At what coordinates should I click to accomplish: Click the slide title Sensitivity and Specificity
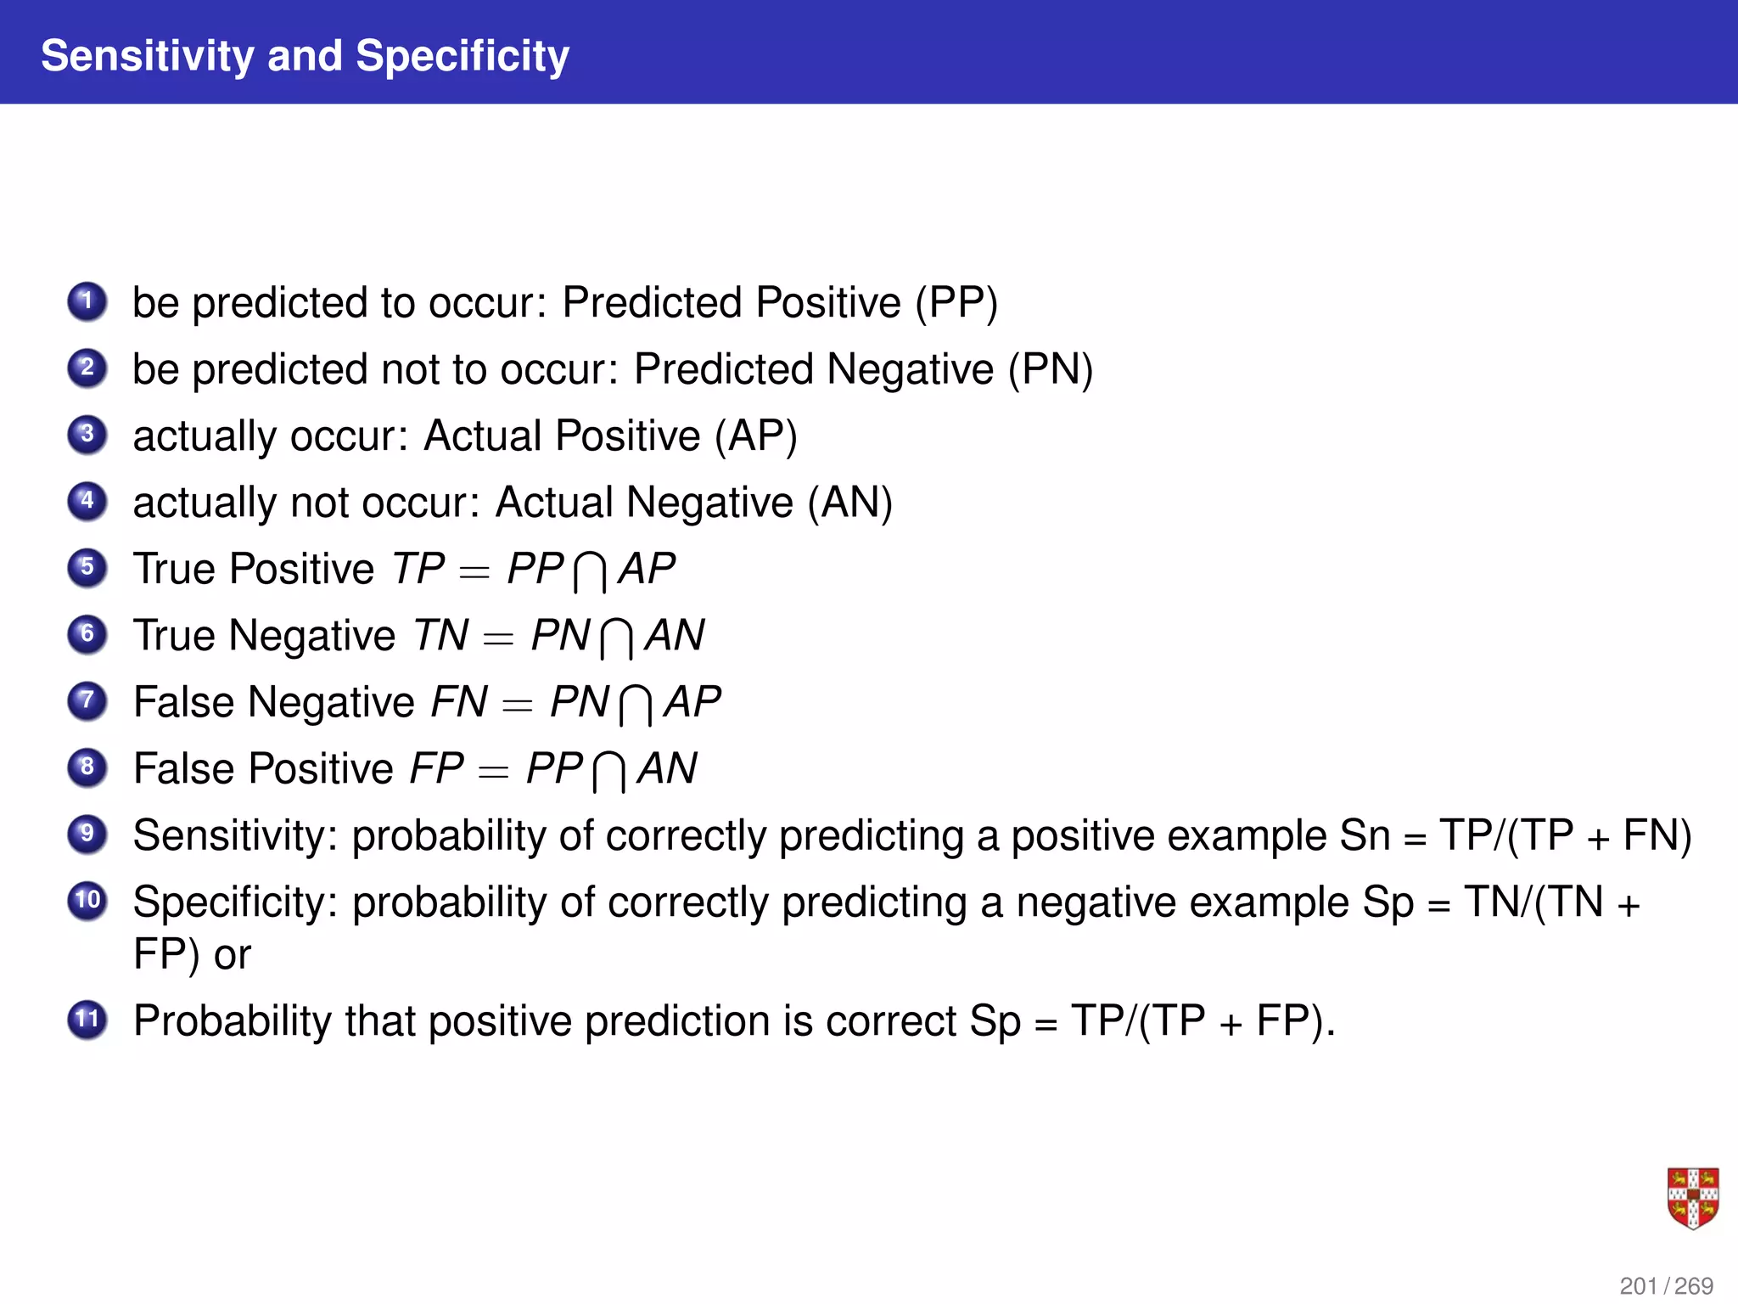pyautogui.click(x=305, y=56)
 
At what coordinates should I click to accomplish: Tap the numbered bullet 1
pyautogui.click(x=87, y=301)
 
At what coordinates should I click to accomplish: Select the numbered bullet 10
pyautogui.click(x=87, y=901)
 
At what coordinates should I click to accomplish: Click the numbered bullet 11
pyautogui.click(x=87, y=1019)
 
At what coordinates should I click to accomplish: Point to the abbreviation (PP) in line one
pyautogui.click(x=956, y=303)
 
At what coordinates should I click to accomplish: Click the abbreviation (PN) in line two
pyautogui.click(x=1051, y=370)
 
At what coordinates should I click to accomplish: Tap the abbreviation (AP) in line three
pyautogui.click(x=755, y=436)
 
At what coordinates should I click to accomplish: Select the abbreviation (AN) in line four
pyautogui.click(x=849, y=503)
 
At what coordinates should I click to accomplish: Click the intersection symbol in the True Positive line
pyautogui.click(x=590, y=571)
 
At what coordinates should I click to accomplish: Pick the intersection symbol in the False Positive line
pyautogui.click(x=609, y=772)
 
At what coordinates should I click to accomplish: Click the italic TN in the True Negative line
pyautogui.click(x=440, y=635)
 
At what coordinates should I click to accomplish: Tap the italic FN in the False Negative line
pyautogui.click(x=459, y=702)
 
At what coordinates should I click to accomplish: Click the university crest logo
pyautogui.click(x=1692, y=1198)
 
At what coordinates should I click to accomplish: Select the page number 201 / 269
pyautogui.click(x=1666, y=1285)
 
